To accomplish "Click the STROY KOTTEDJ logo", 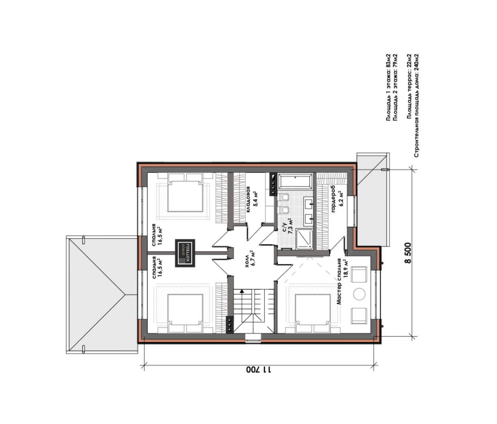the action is pyautogui.click(x=185, y=253).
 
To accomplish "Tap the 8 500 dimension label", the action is pyautogui.click(x=408, y=253).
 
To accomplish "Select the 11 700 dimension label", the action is pyautogui.click(x=259, y=370).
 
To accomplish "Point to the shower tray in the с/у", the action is pyautogui.click(x=305, y=239).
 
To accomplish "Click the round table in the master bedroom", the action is pyautogui.click(x=359, y=294).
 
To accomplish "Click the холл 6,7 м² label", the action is pyautogui.click(x=250, y=258).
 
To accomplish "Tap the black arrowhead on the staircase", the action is pyautogui.click(x=242, y=291).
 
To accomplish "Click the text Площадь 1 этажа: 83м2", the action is pyautogui.click(x=388, y=87).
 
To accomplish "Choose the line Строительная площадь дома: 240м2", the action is pyautogui.click(x=416, y=105).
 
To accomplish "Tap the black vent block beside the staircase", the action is pyautogui.click(x=230, y=325).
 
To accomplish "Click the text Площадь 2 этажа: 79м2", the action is pyautogui.click(x=395, y=87).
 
